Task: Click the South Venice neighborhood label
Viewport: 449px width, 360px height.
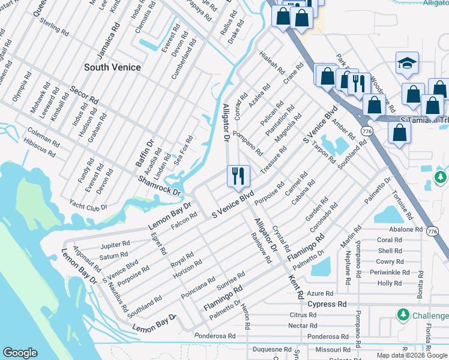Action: pos(112,67)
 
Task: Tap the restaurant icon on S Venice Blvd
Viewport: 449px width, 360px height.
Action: pos(238,176)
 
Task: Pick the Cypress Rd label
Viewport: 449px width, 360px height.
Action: pos(327,304)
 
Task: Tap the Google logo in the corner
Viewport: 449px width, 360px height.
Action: pos(20,353)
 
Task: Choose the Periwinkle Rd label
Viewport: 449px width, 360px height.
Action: pos(389,272)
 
